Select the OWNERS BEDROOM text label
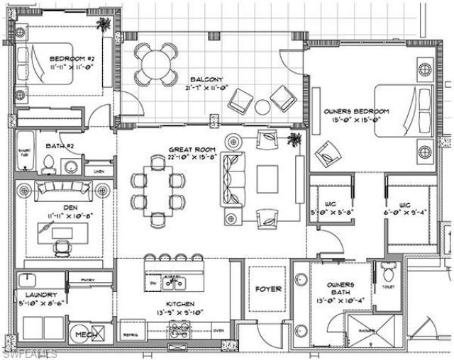point(357,111)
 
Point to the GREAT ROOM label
point(188,150)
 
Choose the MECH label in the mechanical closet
point(86,334)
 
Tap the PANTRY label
point(88,280)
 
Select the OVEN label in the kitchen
point(218,330)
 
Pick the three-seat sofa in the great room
point(232,179)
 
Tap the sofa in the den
point(65,190)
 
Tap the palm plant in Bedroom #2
point(104,26)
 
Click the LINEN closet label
point(99,171)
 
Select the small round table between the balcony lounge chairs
point(262,107)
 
